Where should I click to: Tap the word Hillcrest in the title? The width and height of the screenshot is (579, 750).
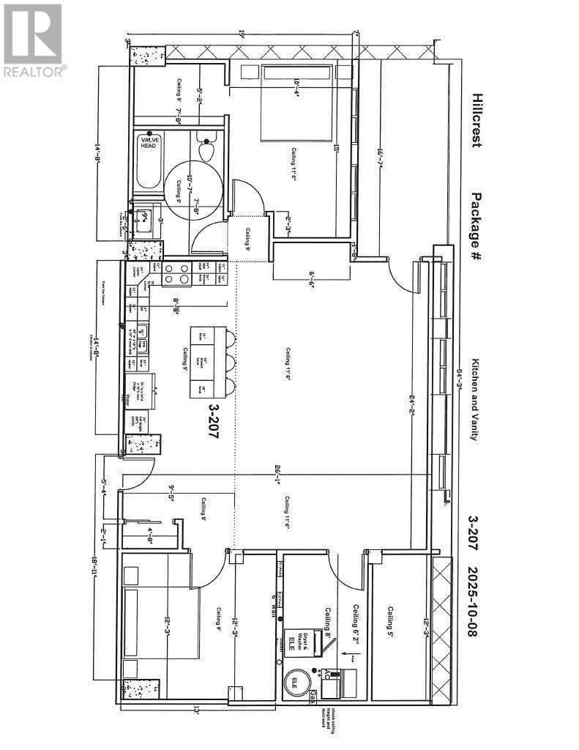coord(477,120)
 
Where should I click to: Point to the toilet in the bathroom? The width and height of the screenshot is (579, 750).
coord(206,150)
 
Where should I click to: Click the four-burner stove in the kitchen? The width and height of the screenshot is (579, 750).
coord(176,273)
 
